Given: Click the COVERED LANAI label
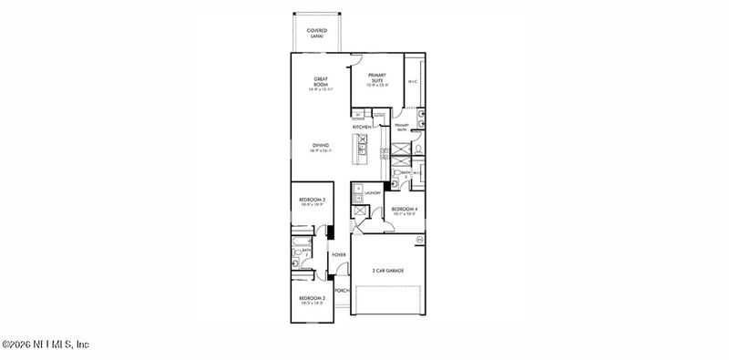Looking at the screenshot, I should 316,33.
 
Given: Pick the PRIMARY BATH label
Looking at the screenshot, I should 401,129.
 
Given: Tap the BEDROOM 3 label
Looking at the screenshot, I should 313,200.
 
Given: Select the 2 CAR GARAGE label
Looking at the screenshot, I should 388,271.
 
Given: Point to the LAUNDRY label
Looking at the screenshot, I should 372,193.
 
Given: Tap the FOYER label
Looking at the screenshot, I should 338,254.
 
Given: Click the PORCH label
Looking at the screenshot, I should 342,291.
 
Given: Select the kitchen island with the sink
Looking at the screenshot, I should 362,147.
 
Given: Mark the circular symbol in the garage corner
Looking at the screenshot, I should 420,240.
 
